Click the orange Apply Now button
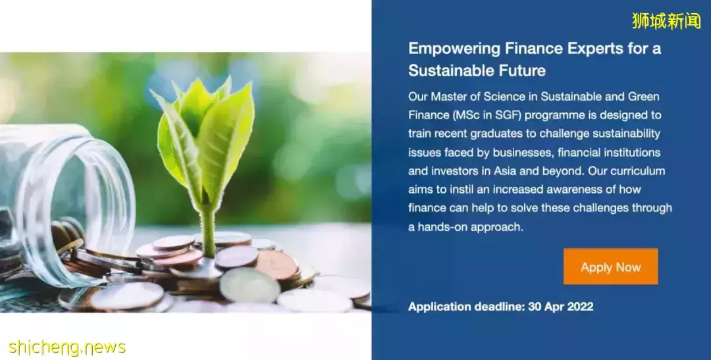click(610, 267)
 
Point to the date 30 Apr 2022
click(560, 307)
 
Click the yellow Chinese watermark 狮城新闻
click(666, 21)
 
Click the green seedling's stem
click(208, 227)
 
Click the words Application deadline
click(466, 307)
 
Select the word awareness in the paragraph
click(565, 190)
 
